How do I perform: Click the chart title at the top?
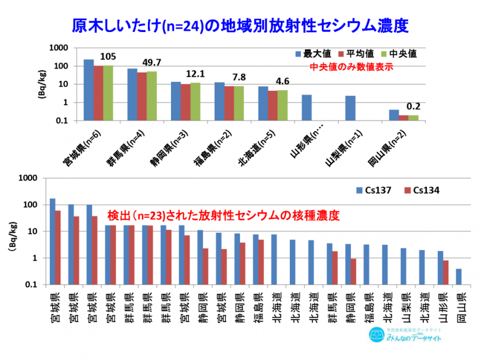click(240, 26)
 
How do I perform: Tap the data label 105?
click(108, 56)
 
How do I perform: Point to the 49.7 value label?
click(152, 62)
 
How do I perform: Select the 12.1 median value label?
click(195, 74)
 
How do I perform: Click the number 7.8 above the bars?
click(238, 77)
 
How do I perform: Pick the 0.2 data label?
click(413, 106)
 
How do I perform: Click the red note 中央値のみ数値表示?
click(351, 67)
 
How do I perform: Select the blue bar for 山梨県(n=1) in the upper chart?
click(350, 108)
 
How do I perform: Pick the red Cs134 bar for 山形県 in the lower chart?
click(445, 272)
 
